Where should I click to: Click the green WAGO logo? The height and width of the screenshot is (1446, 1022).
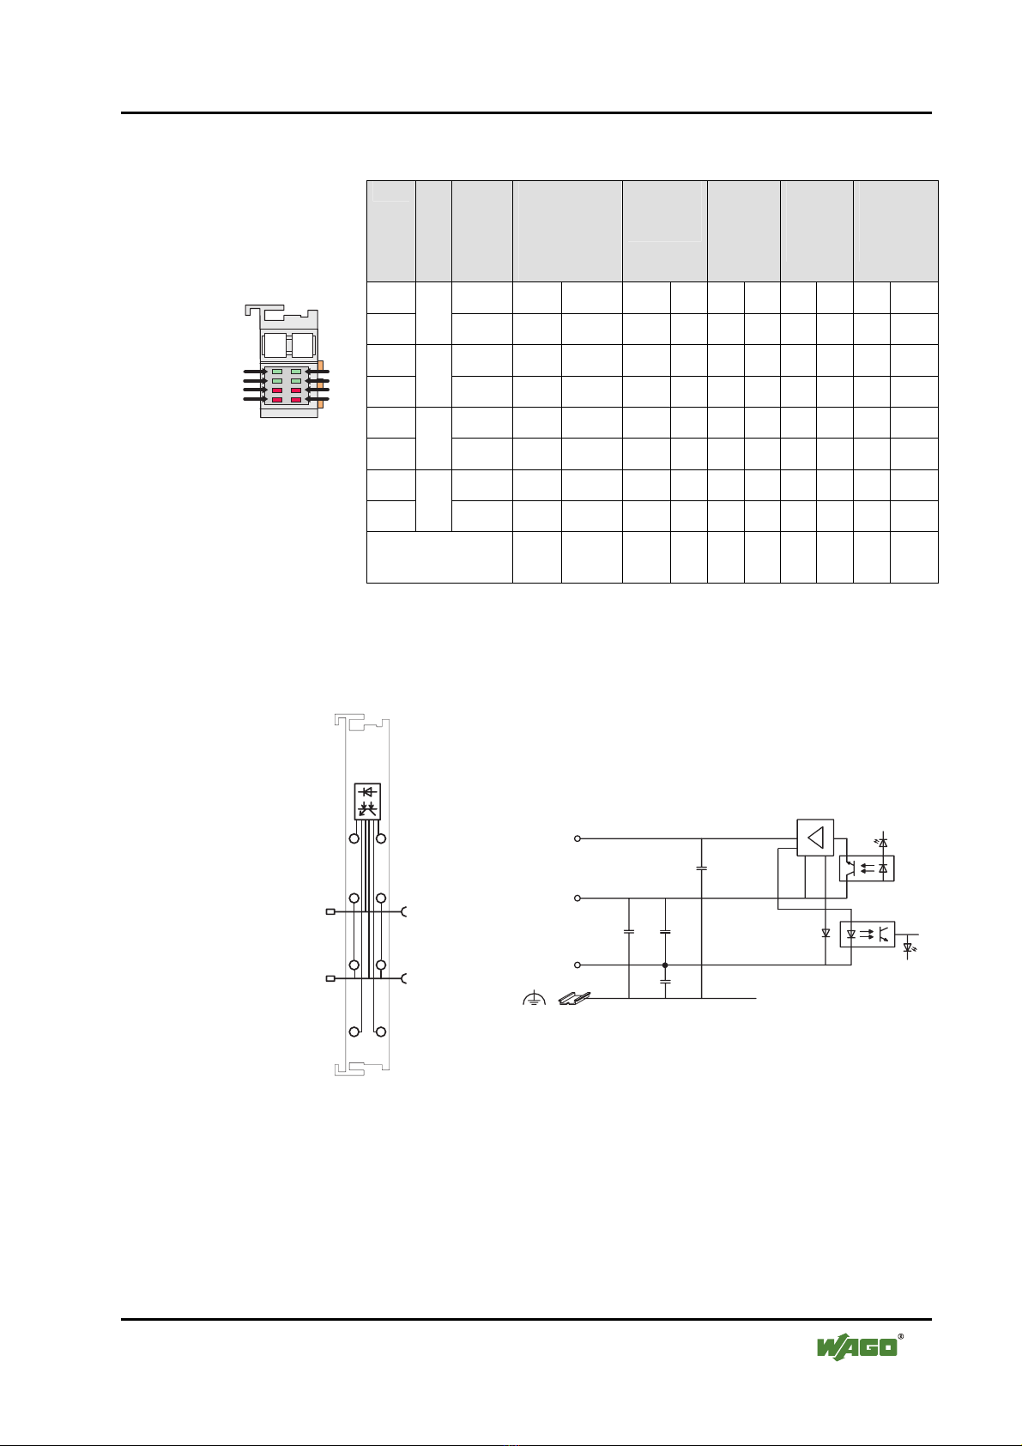[x=857, y=1347]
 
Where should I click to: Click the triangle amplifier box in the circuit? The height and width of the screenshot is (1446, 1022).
[x=814, y=838]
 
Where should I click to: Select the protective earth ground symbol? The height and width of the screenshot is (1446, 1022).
[x=534, y=999]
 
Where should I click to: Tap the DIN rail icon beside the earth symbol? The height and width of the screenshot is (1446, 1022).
[x=574, y=999]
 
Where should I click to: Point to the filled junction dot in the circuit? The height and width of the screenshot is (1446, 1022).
[x=665, y=965]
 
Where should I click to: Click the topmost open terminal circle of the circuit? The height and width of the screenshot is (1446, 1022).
[x=578, y=838]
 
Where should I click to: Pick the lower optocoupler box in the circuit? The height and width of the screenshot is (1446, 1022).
[x=867, y=934]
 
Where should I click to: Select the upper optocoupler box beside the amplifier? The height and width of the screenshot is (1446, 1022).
[x=867, y=869]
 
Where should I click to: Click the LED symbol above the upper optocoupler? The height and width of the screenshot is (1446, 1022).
[x=882, y=842]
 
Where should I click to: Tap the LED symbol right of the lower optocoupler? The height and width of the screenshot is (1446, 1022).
[x=909, y=947]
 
